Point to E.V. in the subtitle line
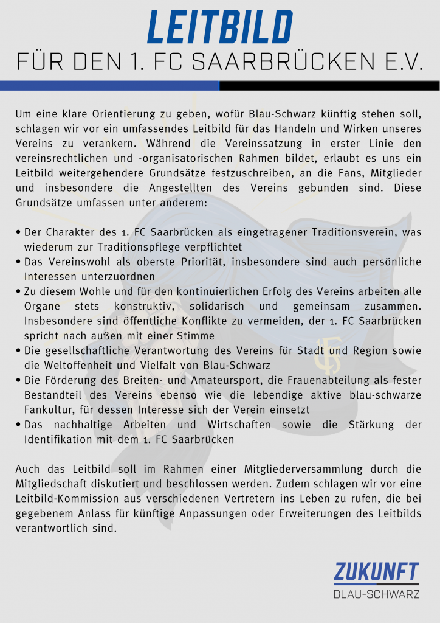pos(400,62)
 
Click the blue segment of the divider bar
pos(109,86)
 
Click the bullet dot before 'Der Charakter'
pos(19,232)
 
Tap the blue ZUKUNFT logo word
pos(376,573)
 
